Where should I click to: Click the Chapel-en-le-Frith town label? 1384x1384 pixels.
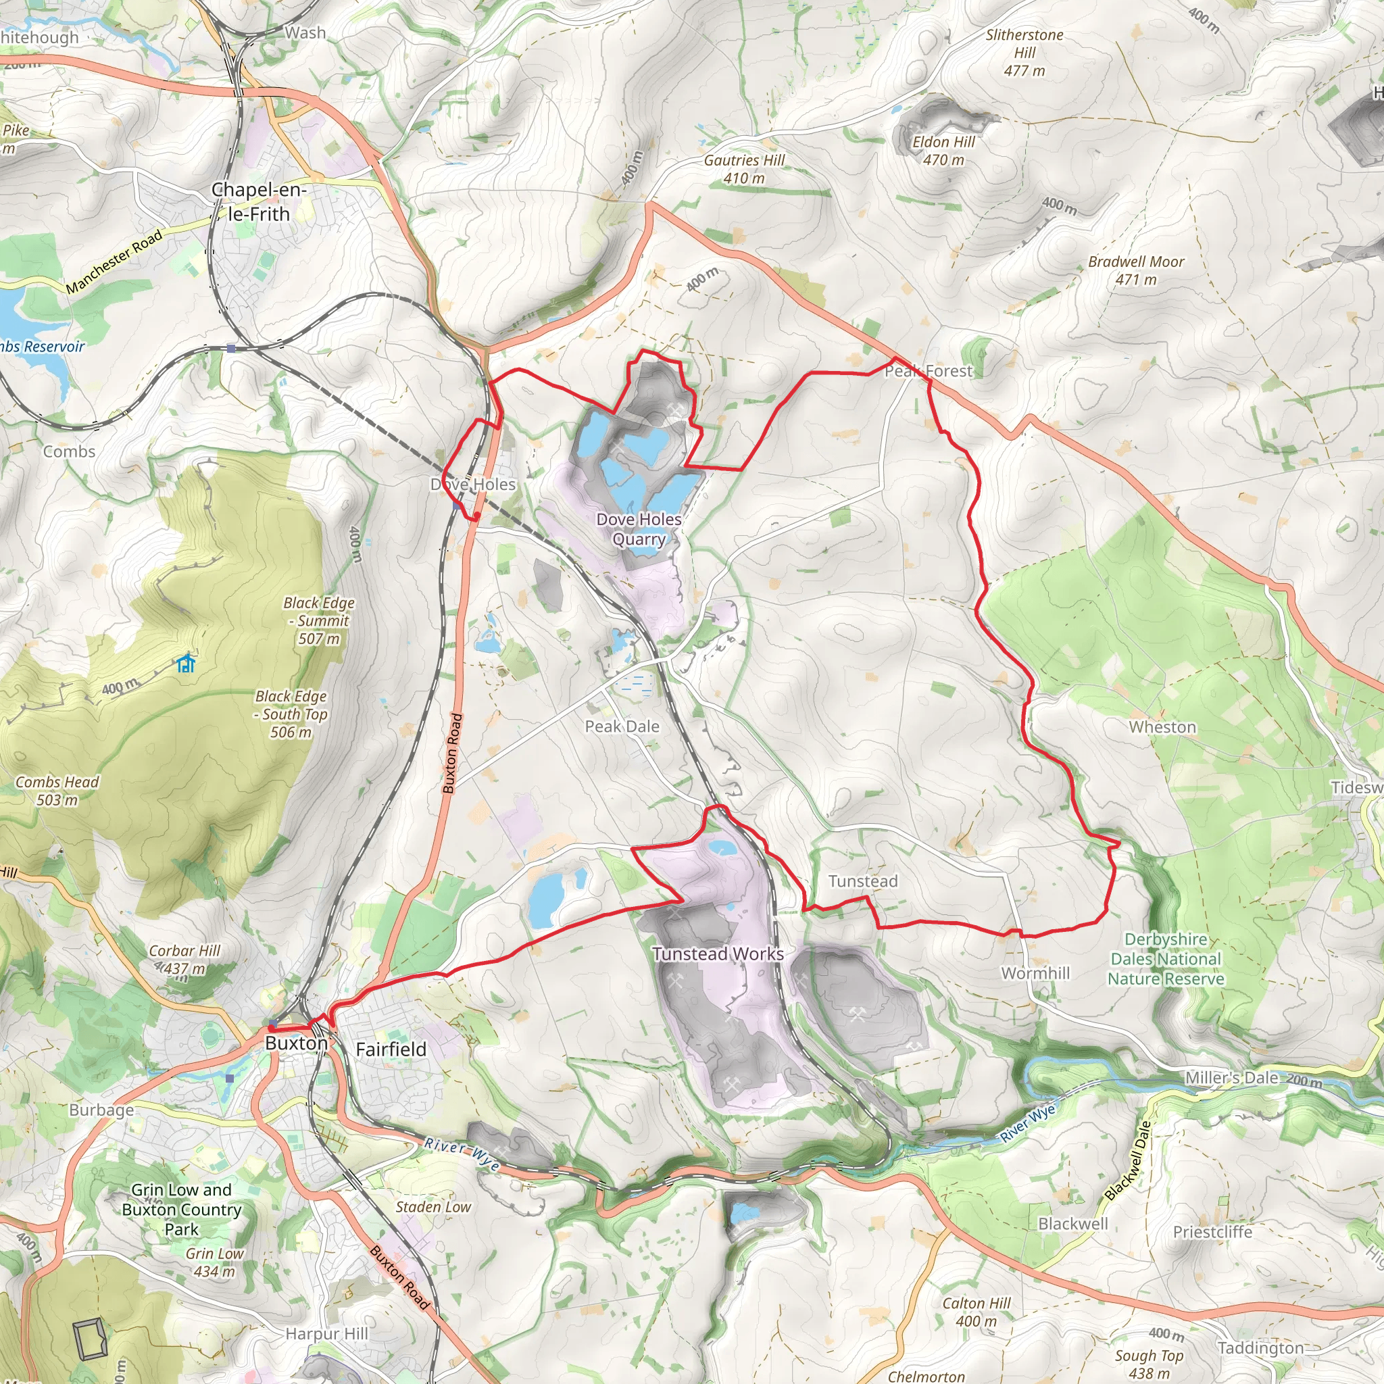coord(259,202)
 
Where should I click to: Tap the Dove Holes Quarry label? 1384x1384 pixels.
coord(639,529)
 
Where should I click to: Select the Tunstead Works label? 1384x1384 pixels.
coord(718,954)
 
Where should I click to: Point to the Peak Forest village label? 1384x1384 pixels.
coord(929,371)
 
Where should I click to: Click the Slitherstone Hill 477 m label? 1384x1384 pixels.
coord(1024,52)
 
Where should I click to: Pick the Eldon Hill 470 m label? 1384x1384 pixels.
coord(943,151)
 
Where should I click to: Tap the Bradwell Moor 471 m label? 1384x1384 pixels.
coord(1135,271)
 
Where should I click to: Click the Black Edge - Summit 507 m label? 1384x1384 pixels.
coord(319,620)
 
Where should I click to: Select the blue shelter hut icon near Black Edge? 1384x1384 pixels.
coord(187,664)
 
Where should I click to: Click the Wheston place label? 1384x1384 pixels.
coord(1162,727)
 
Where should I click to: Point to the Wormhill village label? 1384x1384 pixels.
coord(1035,973)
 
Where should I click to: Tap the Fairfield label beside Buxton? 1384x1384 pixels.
coord(391,1049)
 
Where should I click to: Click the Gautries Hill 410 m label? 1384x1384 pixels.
coord(743,169)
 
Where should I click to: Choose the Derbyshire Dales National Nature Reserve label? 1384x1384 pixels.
coord(1166,959)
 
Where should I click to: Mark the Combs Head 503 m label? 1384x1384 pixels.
coord(57,791)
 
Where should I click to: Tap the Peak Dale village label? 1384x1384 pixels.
coord(622,726)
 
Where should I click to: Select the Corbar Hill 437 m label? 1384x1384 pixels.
coord(184,959)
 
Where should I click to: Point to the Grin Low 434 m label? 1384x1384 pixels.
coord(215,1262)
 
